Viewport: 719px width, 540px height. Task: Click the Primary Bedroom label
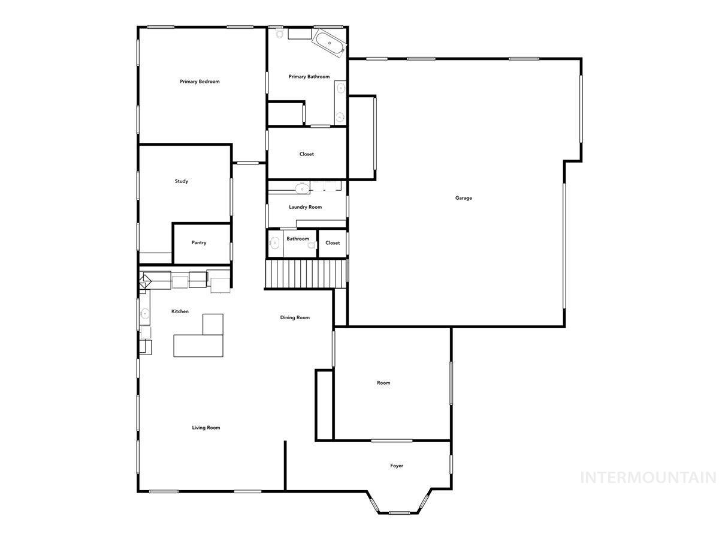coord(200,82)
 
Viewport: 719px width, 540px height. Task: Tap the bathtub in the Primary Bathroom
coord(329,44)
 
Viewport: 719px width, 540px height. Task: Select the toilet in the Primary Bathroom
coord(279,34)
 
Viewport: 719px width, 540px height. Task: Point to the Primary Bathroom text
coord(309,77)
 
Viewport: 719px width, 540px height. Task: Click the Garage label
coord(463,198)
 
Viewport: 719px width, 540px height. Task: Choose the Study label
coord(181,181)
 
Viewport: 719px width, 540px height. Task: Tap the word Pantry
coord(199,243)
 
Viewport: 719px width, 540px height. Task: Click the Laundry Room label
coord(305,207)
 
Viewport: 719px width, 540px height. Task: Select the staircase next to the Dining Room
coord(306,274)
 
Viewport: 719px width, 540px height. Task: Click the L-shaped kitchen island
coord(200,339)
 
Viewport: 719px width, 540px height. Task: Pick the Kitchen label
coord(180,311)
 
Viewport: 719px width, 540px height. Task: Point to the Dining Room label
coord(295,317)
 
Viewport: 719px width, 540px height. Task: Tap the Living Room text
coord(206,428)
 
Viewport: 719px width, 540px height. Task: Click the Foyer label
coord(397,466)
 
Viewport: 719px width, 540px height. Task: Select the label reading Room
coord(383,383)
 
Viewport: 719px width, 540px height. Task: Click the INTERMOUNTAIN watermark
coord(648,478)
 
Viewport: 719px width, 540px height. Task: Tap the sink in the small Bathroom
coord(274,244)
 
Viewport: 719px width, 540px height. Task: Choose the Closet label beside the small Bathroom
coord(333,243)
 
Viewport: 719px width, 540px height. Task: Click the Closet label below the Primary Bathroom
coord(306,154)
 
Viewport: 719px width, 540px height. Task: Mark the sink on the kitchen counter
coord(145,313)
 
